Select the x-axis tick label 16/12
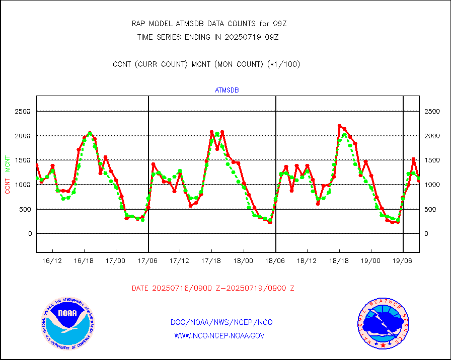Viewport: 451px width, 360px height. (52, 261)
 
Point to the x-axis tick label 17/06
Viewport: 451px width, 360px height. (148, 261)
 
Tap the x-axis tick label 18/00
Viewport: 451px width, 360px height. (244, 261)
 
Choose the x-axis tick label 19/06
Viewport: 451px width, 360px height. (403, 261)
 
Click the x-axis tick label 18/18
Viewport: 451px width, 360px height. (339, 261)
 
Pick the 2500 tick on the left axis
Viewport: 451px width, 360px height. (23, 112)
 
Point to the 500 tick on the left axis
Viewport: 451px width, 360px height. (25, 209)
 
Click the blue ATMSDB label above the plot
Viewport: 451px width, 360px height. (227, 91)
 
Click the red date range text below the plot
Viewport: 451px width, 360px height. (213, 289)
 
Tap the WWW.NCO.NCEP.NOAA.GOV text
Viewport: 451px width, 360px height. (219, 335)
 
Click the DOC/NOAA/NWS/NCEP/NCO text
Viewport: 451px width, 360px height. (222, 322)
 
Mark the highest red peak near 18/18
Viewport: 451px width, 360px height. (340, 126)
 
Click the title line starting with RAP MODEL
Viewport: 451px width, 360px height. (209, 24)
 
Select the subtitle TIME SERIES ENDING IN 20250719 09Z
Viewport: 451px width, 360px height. (208, 37)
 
